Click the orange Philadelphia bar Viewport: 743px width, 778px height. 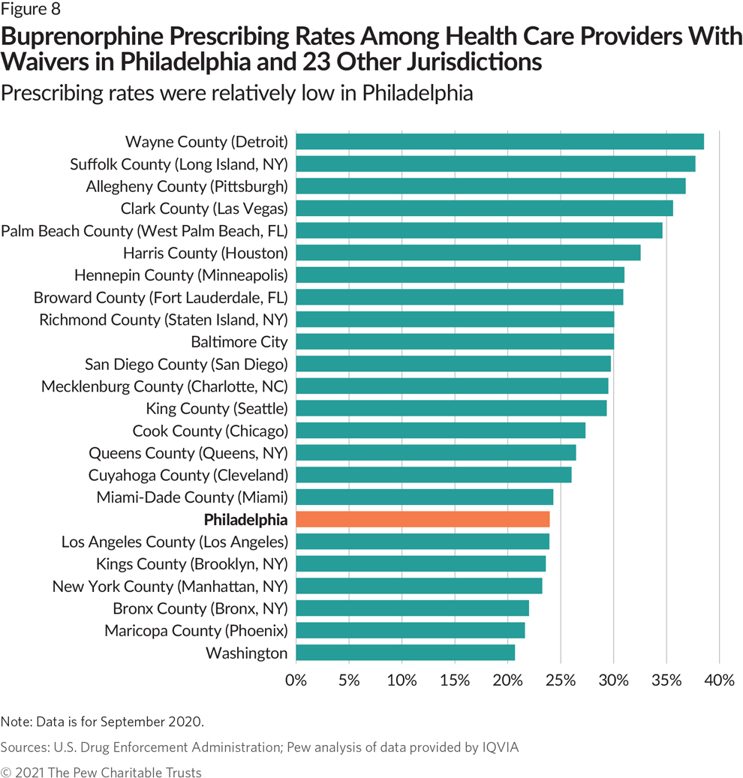423,519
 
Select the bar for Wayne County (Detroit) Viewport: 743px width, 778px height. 500,142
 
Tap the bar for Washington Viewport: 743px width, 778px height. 405,653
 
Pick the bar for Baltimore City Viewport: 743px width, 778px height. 455,342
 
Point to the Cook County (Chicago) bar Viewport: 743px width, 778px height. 441,431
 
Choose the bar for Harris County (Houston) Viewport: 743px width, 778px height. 468,253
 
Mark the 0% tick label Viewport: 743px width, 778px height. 296,680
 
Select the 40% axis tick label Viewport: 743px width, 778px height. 719,680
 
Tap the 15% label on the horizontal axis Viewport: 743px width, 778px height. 455,680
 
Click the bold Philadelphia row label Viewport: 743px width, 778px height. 245,519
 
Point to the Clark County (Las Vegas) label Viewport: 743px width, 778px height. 204,209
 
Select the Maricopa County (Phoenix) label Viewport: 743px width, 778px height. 196,630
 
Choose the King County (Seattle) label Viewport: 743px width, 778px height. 217,409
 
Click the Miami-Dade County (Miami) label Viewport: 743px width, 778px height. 192,497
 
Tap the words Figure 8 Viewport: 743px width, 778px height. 31,10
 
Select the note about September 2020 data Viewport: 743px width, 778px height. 102,722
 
